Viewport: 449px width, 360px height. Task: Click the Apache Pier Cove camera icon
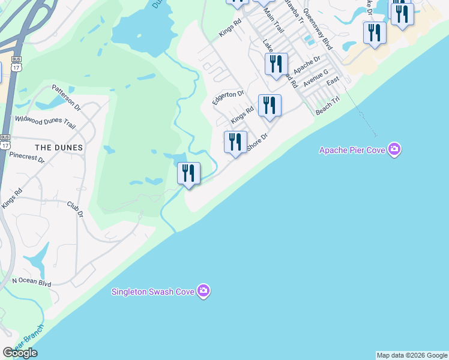[394, 149]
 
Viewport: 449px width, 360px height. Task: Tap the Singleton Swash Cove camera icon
[204, 292]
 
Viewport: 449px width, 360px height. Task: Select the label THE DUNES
[59, 147]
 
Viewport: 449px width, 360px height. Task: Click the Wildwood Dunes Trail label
[45, 123]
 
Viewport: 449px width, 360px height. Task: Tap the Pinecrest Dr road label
[27, 158]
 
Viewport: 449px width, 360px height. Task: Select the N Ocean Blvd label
[31, 282]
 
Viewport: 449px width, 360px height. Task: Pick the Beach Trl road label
[328, 108]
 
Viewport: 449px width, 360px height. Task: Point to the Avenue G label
[316, 78]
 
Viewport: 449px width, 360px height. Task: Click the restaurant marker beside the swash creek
[188, 173]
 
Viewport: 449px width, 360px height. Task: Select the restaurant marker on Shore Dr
[235, 142]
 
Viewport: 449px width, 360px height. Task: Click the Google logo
[20, 353]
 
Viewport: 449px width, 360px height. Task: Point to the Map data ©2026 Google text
[412, 355]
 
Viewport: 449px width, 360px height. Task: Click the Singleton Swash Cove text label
[154, 292]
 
